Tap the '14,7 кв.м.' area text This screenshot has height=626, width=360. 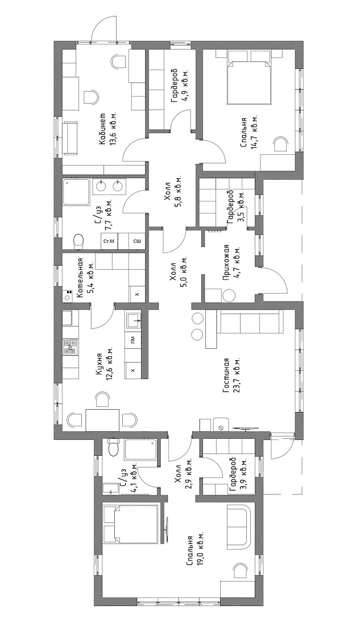tap(254, 133)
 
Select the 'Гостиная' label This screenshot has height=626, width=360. tap(226, 374)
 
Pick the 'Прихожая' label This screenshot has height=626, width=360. tap(226, 262)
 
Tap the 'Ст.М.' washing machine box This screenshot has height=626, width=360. tap(109, 242)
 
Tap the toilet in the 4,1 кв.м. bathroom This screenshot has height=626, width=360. tap(114, 447)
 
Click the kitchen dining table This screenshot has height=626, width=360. tap(102, 420)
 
